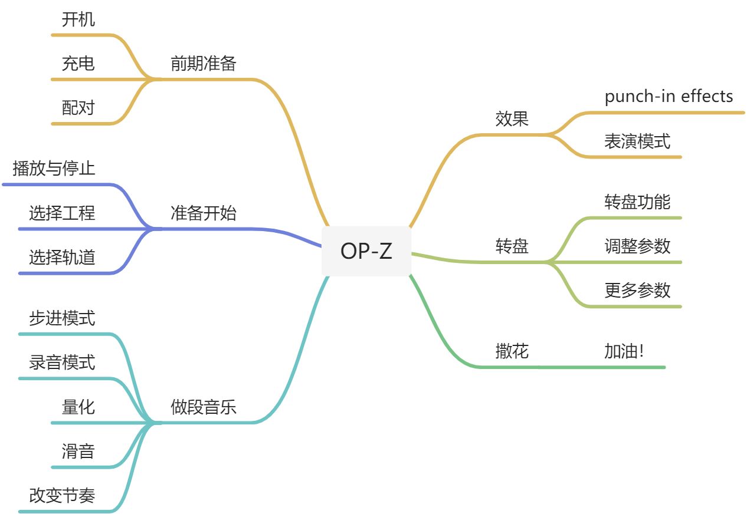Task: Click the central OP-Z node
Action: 366,251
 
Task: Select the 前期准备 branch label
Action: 203,64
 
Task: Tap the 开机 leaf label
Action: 78,19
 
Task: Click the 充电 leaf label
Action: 78,64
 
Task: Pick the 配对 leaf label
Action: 78,108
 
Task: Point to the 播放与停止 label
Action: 54,169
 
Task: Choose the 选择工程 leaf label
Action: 62,213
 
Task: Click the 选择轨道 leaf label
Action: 62,258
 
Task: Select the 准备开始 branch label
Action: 203,213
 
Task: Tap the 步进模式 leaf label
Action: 62,318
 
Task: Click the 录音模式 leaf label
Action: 62,363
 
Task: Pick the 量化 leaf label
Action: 78,407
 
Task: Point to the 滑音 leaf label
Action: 78,452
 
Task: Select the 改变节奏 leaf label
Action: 62,496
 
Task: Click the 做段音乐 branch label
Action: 203,407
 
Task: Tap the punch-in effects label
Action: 669,96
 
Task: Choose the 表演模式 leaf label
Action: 637,141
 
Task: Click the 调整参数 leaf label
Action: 637,246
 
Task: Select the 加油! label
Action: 624,351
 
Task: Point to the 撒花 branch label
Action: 512,351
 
